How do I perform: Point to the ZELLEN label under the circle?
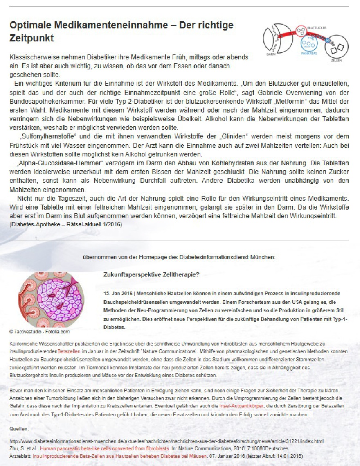pyautogui.click(x=337, y=60)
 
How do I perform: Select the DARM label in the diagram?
pyautogui.click(x=271, y=54)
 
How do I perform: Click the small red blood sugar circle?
pyautogui.click(x=301, y=31)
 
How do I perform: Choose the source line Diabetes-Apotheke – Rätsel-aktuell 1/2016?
pyautogui.click(x=65, y=224)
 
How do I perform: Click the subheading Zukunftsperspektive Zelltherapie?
pyautogui.click(x=152, y=274)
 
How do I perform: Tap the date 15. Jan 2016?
pyautogui.click(x=118, y=294)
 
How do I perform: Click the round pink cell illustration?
pyautogui.click(x=51, y=300)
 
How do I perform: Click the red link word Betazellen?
pyautogui.click(x=69, y=351)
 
